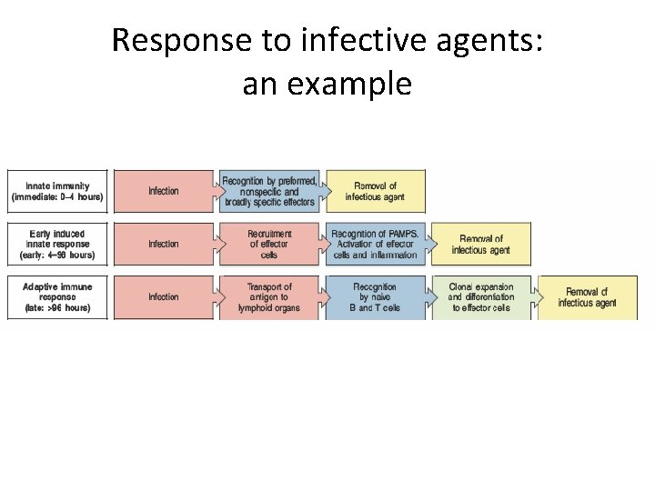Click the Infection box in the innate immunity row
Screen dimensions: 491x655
pos(164,191)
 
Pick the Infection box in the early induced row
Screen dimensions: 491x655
pos(164,244)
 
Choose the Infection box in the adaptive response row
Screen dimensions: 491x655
pos(164,297)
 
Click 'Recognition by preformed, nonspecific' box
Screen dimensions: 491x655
pos(269,191)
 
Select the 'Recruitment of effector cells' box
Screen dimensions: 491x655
pos(269,244)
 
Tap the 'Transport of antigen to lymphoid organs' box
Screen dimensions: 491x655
pos(269,297)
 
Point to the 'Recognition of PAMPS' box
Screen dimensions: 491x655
pos(375,244)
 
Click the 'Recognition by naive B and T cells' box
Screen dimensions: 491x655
pos(375,297)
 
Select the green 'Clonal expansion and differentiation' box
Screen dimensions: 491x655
pos(481,297)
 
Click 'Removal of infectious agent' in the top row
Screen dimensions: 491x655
pos(375,191)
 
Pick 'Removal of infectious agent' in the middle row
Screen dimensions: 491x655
pos(481,244)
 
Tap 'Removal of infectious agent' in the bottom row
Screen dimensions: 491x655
pos(587,297)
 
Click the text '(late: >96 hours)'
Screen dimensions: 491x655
pos(57,308)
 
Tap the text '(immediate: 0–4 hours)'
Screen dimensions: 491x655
pos(57,197)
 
